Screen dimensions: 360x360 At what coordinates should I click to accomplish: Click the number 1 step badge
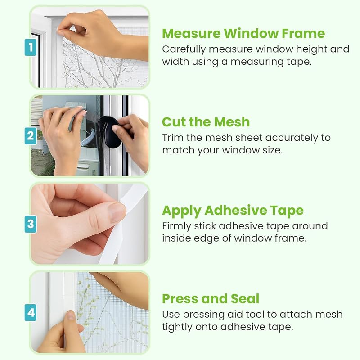[31, 47]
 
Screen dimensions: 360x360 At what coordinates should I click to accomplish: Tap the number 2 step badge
[31, 136]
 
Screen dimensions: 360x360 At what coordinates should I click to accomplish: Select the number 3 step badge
[31, 224]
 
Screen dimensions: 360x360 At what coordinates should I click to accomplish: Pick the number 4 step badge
[31, 312]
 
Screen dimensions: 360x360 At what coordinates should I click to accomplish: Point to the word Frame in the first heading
[303, 33]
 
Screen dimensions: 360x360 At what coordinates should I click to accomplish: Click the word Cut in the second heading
[174, 122]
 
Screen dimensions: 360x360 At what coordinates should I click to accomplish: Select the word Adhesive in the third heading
[235, 210]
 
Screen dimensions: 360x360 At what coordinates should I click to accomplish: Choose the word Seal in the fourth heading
[245, 299]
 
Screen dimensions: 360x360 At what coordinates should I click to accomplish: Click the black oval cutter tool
[110, 132]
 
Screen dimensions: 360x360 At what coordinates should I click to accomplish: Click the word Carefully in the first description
[184, 49]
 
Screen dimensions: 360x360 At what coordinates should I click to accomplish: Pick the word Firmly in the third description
[176, 227]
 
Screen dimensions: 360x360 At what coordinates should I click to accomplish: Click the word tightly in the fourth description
[176, 327]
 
